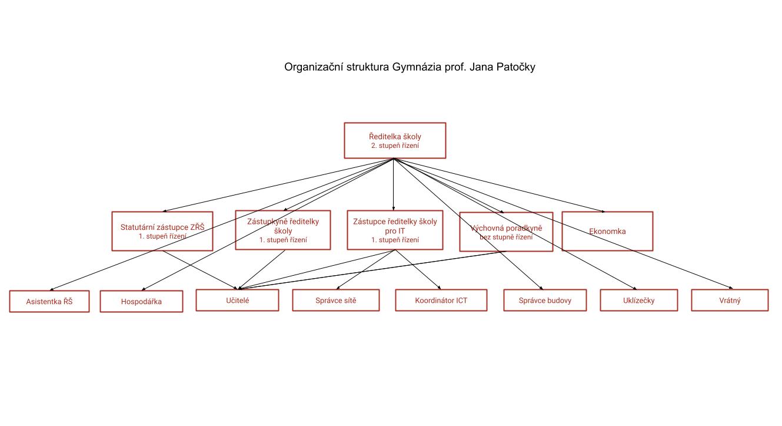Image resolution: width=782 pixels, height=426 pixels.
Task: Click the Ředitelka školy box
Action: click(x=394, y=140)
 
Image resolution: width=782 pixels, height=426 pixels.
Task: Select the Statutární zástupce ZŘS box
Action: click(x=162, y=231)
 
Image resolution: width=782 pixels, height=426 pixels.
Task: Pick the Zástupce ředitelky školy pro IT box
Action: click(x=395, y=230)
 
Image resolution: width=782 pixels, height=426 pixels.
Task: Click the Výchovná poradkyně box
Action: click(x=506, y=232)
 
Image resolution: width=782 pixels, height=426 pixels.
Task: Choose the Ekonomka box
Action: click(x=607, y=231)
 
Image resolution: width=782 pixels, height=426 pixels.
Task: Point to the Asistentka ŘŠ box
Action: click(x=49, y=301)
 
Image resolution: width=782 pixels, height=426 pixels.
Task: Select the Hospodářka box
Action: click(x=141, y=301)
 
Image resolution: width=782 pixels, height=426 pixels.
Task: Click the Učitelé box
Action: click(x=237, y=300)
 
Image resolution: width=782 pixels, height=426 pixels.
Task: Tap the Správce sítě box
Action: click(x=335, y=300)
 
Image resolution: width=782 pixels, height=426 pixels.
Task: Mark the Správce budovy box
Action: click(x=545, y=300)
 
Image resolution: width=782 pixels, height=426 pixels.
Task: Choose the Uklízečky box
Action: click(x=638, y=300)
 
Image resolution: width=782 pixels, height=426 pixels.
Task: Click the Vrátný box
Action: click(x=730, y=300)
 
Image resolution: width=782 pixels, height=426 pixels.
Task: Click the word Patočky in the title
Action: click(x=512, y=67)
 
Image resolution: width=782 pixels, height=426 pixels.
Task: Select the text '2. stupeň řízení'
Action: click(x=395, y=146)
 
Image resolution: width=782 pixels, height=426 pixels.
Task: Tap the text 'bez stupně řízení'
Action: click(x=506, y=237)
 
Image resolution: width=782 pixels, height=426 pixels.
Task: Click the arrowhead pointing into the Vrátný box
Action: click(x=728, y=288)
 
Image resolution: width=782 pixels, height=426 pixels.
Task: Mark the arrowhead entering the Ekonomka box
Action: click(x=603, y=211)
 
